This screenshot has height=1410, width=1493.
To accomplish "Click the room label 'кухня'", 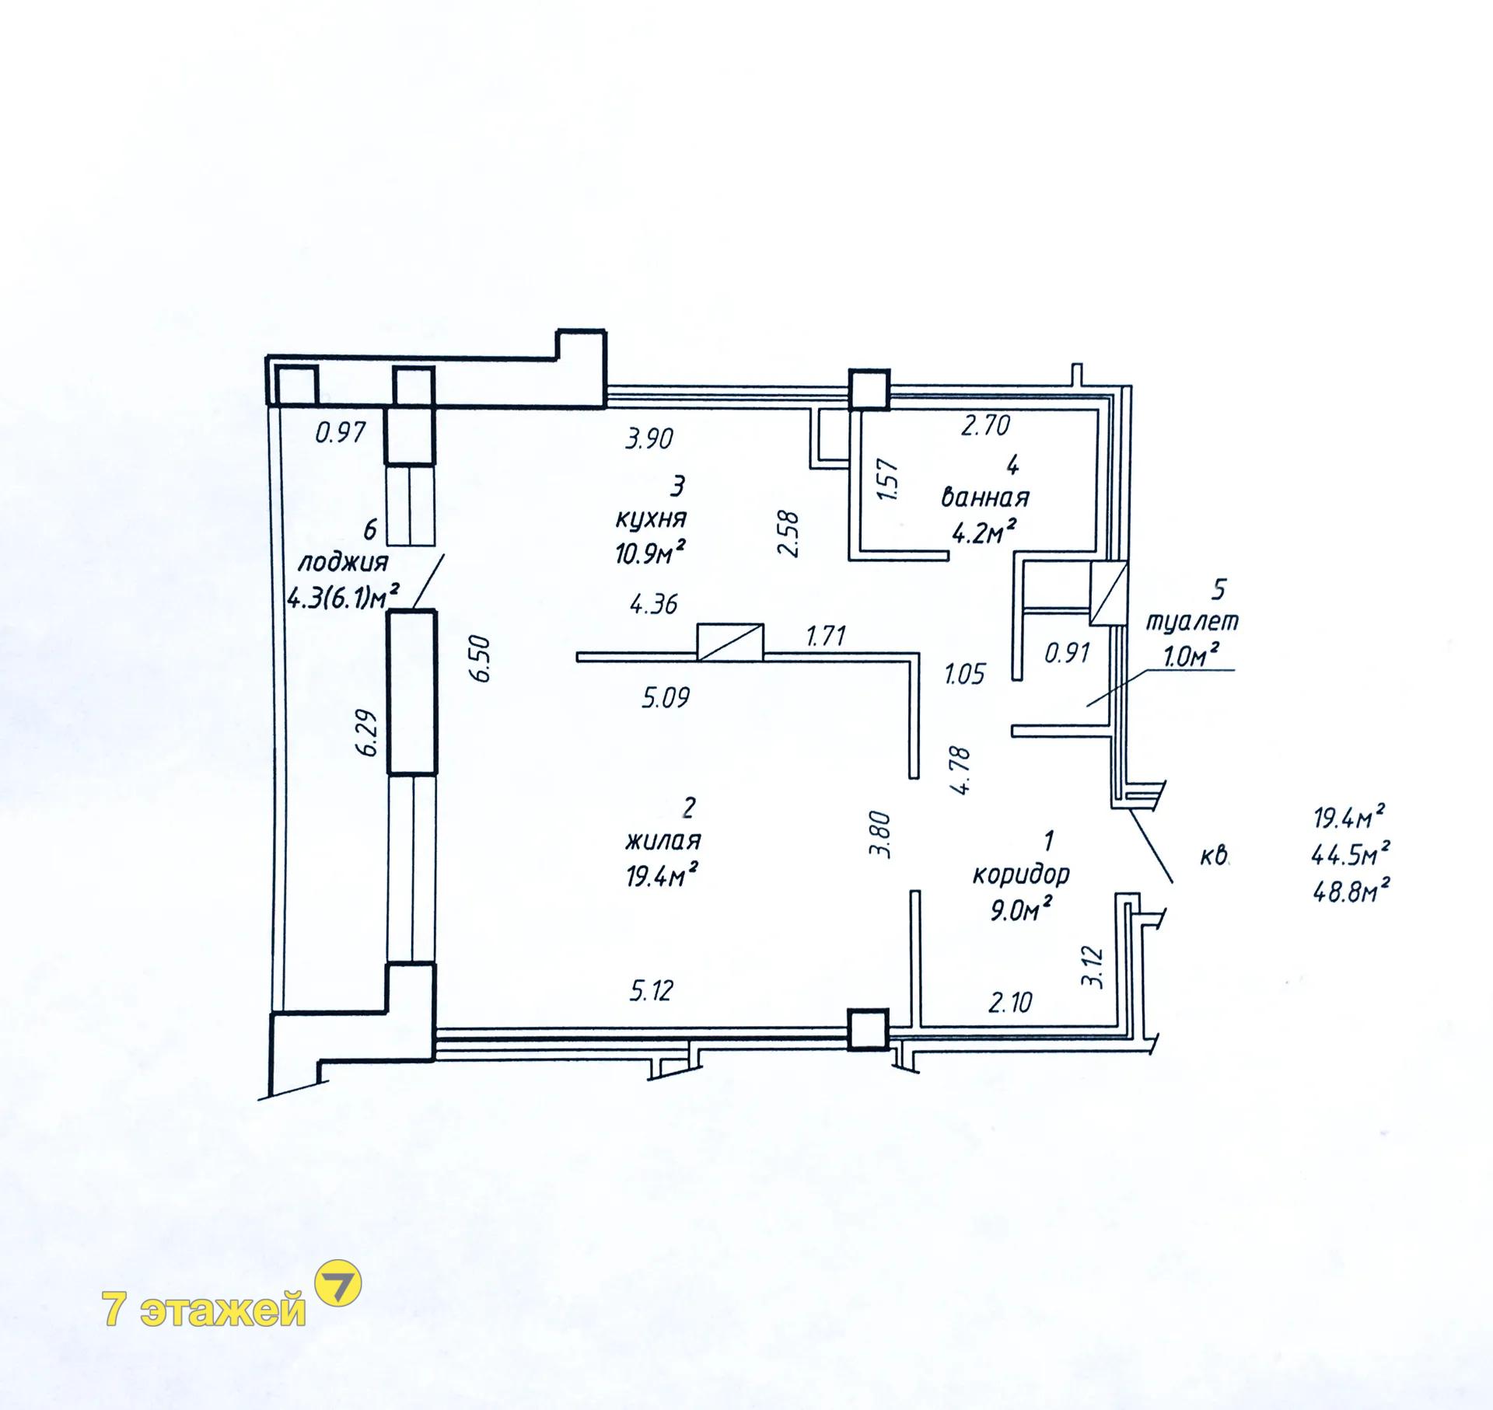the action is [651, 518].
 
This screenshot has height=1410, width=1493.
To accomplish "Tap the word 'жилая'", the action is [663, 840].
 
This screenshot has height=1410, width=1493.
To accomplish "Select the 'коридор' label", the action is [1021, 874].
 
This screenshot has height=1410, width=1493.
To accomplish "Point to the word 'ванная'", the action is [985, 497].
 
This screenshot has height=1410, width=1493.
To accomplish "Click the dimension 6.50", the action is [481, 659].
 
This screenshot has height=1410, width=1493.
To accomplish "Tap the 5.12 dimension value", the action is [650, 990].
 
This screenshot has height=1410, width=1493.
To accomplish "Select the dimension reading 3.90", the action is [649, 439].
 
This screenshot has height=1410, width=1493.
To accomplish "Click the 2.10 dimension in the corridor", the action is [1010, 1003].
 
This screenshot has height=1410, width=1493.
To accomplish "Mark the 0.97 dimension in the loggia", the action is [340, 432].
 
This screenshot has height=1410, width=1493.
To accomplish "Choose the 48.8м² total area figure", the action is [1350, 890].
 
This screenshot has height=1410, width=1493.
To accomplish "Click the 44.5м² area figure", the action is [1350, 854].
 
